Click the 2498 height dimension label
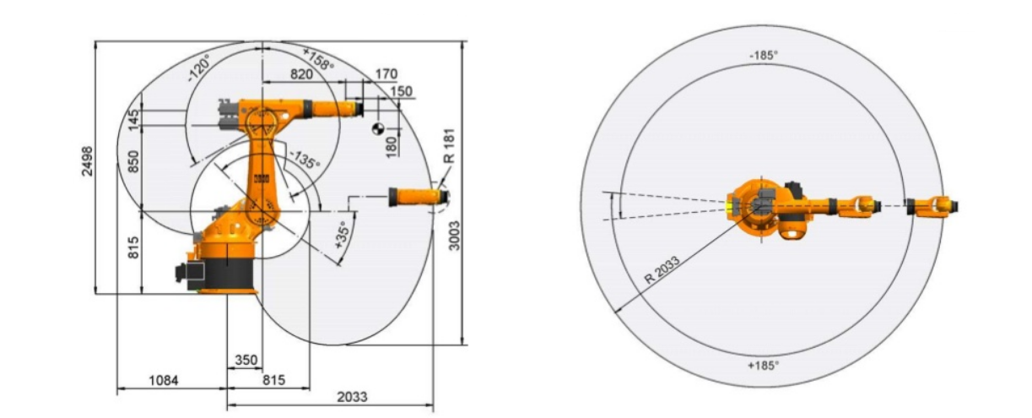point(87,160)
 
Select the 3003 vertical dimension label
point(454,236)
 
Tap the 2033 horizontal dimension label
point(352,397)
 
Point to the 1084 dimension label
point(164,380)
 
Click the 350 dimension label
point(246,360)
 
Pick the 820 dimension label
point(301,73)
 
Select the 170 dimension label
point(386,73)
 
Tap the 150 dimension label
point(402,91)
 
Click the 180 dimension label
point(392,147)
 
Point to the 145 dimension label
point(133,120)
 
